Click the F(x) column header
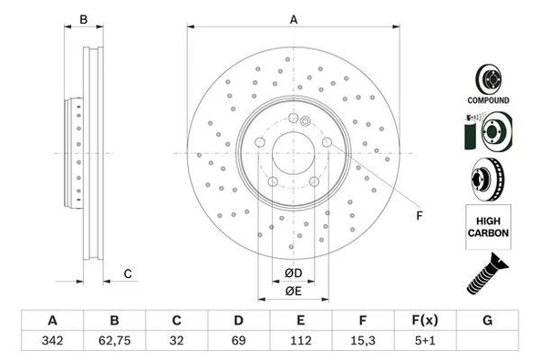tap(424, 321)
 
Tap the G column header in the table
tap(487, 321)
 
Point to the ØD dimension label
tap(293, 273)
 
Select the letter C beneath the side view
tap(128, 273)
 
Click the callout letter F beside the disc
tap(420, 215)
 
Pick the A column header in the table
tap(53, 321)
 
